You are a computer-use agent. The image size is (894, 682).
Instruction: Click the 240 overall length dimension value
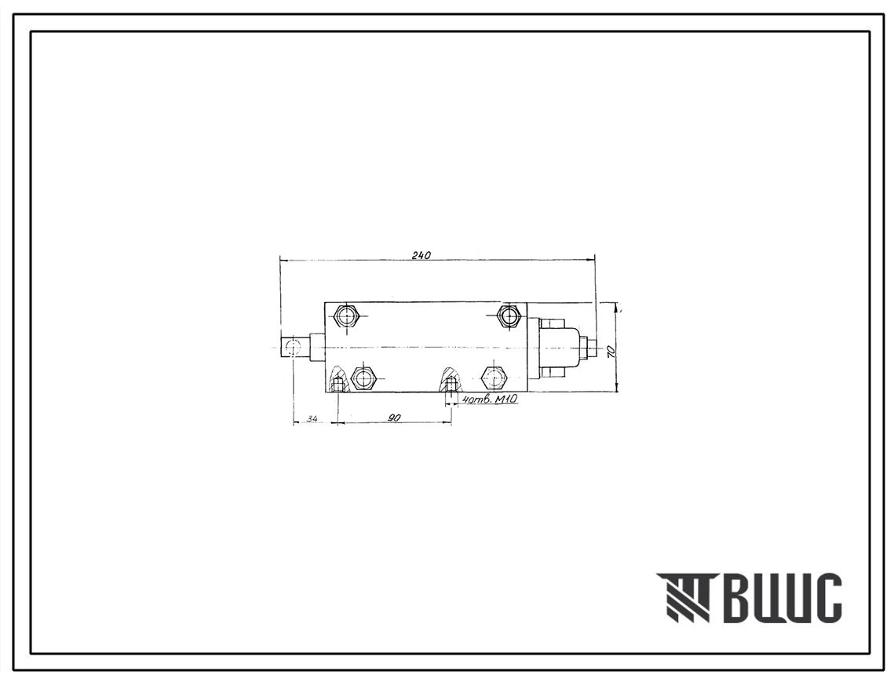tap(421, 256)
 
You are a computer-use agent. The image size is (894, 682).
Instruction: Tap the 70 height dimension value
tap(611, 351)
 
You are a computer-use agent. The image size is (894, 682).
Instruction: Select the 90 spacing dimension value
tap(393, 418)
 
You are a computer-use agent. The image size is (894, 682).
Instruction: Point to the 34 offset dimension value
tap(312, 419)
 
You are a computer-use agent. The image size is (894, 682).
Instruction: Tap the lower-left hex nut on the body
tap(363, 377)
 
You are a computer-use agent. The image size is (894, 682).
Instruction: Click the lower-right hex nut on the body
tap(493, 377)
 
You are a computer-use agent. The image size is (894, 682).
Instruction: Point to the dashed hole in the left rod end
tap(293, 346)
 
